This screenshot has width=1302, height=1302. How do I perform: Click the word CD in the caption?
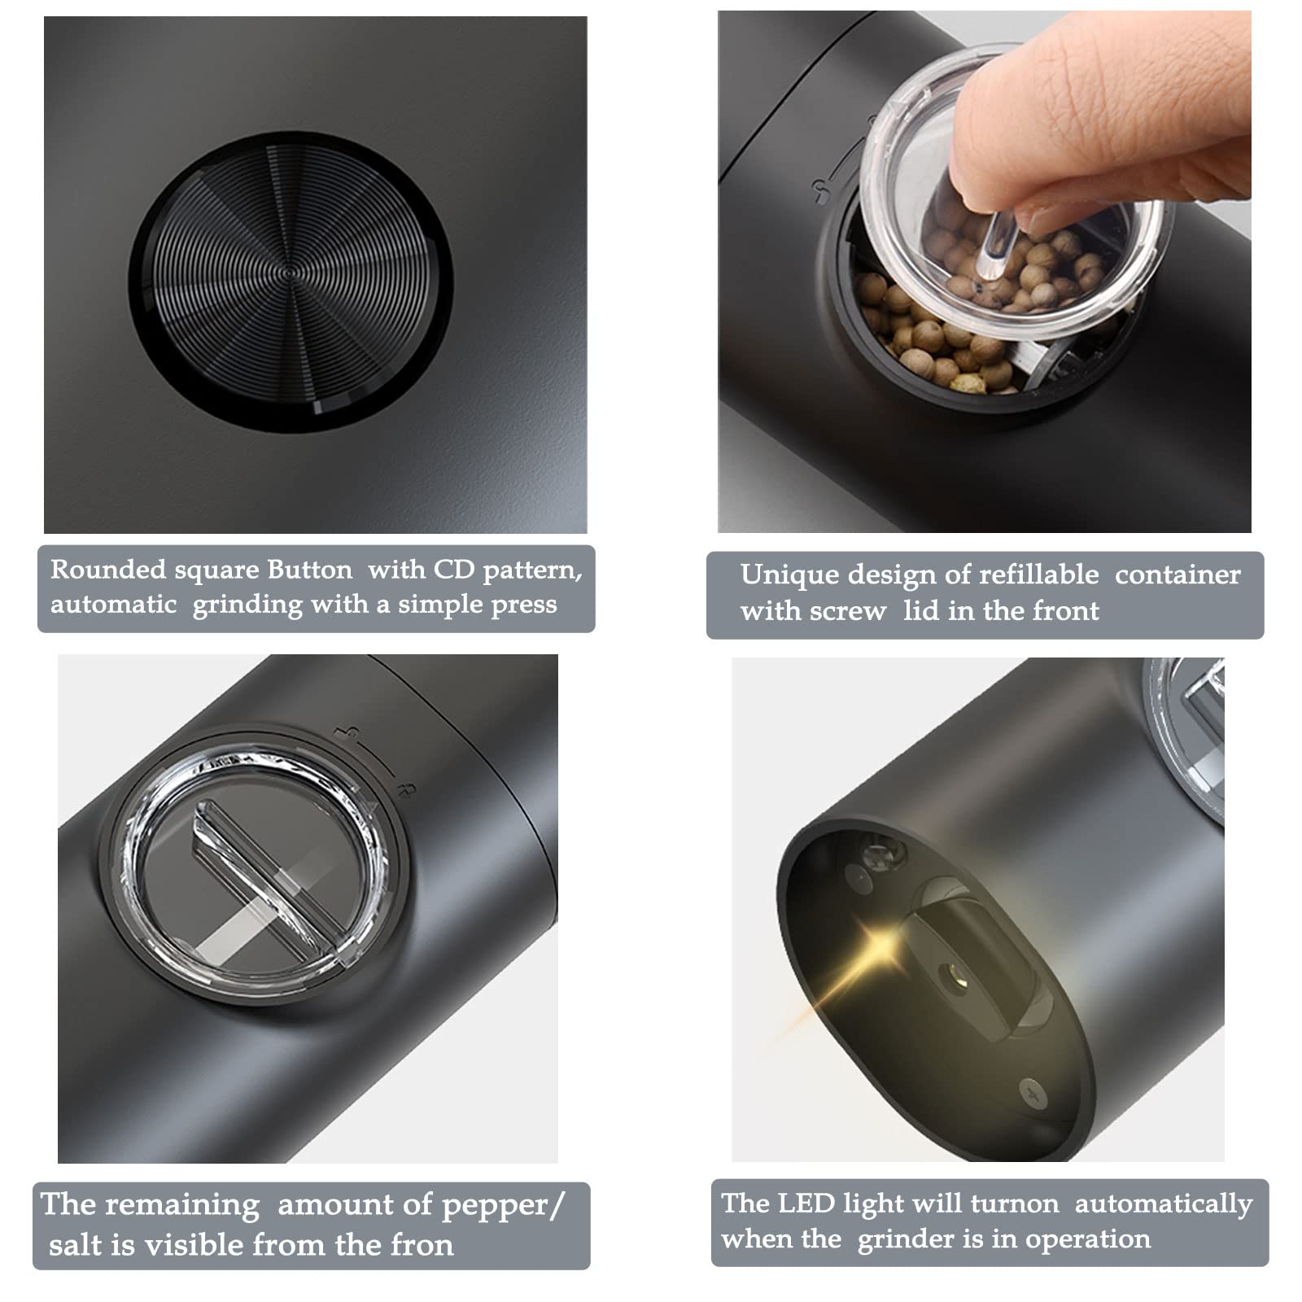click(453, 570)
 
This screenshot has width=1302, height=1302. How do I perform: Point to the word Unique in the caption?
click(789, 575)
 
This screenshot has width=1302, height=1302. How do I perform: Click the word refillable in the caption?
click(1038, 575)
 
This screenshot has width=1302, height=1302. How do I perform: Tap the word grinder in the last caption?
click(907, 1239)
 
